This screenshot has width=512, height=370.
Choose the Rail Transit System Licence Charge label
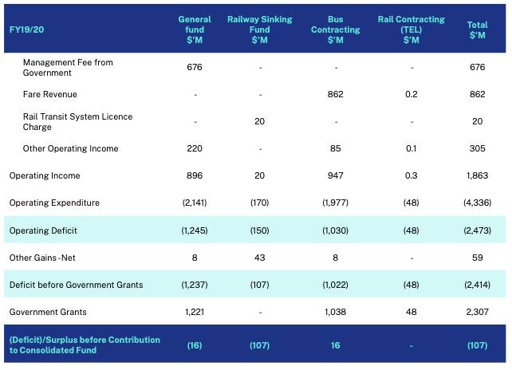(x=77, y=121)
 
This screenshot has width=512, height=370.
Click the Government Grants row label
(x=49, y=312)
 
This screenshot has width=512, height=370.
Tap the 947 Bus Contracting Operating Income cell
(x=335, y=175)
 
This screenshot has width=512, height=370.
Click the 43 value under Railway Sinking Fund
(x=258, y=258)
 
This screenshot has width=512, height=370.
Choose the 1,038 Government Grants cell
(x=335, y=312)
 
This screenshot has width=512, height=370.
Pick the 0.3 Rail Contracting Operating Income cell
(x=411, y=175)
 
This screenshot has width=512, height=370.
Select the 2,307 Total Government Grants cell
(x=477, y=312)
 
